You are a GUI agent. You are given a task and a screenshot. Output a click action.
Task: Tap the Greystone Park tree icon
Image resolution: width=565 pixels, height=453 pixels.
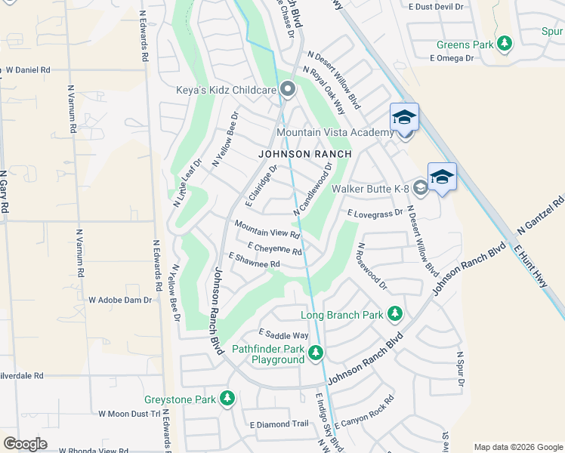[227, 399]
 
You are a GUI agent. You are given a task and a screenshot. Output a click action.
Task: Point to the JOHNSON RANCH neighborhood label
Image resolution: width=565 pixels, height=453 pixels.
[305, 153]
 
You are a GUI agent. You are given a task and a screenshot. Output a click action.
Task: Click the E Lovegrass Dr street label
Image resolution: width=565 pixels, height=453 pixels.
[375, 214]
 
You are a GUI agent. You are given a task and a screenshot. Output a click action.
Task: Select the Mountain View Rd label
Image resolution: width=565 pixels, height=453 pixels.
[267, 230]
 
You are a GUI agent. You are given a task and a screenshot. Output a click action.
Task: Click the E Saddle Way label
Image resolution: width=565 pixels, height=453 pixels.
[283, 334]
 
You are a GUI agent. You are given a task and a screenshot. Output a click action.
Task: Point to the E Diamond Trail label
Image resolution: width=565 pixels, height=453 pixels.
[279, 424]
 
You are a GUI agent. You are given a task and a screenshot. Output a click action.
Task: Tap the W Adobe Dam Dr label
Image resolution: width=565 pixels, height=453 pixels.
[120, 300]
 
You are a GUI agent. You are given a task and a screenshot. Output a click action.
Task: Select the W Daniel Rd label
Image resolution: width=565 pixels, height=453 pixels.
[27, 69]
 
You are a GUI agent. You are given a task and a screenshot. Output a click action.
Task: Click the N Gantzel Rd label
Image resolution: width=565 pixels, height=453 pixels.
[540, 215]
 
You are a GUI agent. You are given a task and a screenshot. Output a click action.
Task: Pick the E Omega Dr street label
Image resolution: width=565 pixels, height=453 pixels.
[452, 57]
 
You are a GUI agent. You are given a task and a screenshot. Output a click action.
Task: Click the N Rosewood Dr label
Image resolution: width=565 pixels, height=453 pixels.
[372, 267]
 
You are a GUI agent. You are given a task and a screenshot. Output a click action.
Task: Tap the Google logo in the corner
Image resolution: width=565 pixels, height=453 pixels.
[25, 443]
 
